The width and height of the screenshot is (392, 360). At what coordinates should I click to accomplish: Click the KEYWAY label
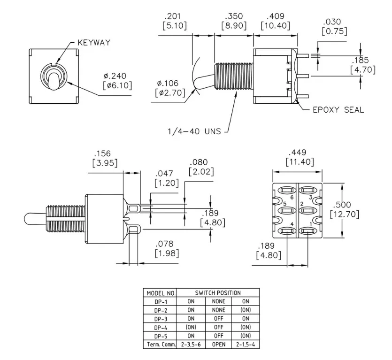click(x=94, y=43)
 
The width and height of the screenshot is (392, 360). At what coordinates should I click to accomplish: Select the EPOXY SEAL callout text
click(x=338, y=110)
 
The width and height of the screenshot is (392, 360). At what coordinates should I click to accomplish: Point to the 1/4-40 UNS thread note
click(x=194, y=131)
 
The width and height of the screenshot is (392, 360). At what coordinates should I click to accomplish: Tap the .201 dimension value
click(x=172, y=16)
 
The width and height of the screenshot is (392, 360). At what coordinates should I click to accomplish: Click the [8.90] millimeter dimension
click(x=234, y=26)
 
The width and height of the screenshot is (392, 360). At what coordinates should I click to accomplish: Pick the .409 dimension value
click(x=275, y=16)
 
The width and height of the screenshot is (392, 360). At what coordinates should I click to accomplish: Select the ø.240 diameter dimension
click(x=115, y=76)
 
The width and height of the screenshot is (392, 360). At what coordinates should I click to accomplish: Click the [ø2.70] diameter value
click(x=170, y=93)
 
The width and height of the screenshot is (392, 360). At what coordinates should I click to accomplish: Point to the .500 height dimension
click(x=342, y=205)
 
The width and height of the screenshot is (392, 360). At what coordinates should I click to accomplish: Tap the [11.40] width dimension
click(x=300, y=162)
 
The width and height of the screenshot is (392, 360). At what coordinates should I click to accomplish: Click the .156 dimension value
click(x=102, y=153)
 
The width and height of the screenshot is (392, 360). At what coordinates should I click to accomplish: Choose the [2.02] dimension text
click(x=201, y=172)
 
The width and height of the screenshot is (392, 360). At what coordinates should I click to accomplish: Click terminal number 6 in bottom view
click(x=292, y=198)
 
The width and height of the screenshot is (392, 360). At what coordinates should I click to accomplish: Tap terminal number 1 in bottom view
click(x=311, y=224)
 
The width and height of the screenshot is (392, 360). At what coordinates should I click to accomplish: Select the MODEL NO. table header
click(x=161, y=293)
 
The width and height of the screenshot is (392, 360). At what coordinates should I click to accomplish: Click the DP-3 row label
click(x=161, y=319)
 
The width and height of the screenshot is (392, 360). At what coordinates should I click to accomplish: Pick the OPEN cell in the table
click(x=218, y=345)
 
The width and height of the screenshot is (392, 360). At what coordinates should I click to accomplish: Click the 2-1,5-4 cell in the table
click(x=246, y=345)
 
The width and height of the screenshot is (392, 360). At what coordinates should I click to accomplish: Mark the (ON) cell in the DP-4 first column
click(x=191, y=327)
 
